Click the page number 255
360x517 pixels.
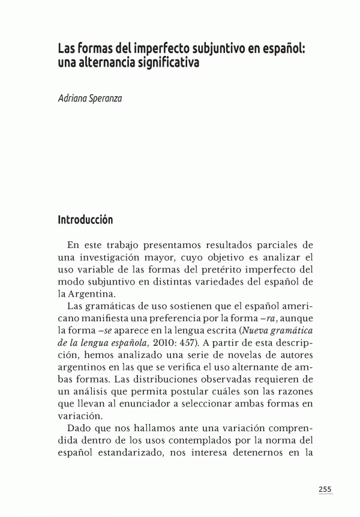point(325,489)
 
